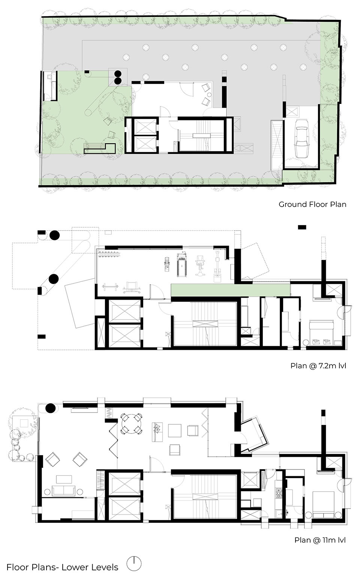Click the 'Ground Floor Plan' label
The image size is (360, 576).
click(312, 205)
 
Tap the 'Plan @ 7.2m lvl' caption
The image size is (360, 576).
click(318, 366)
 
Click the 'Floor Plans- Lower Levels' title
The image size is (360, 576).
click(62, 567)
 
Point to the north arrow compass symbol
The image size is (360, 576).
click(134, 564)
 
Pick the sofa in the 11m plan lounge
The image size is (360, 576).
click(64, 490)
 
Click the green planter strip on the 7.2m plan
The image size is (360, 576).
click(231, 290)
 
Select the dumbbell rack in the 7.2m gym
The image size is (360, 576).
click(109, 255)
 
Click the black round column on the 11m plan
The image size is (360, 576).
click(50, 408)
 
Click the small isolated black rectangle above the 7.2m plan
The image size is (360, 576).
click(302, 227)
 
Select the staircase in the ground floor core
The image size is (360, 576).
click(202, 135)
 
